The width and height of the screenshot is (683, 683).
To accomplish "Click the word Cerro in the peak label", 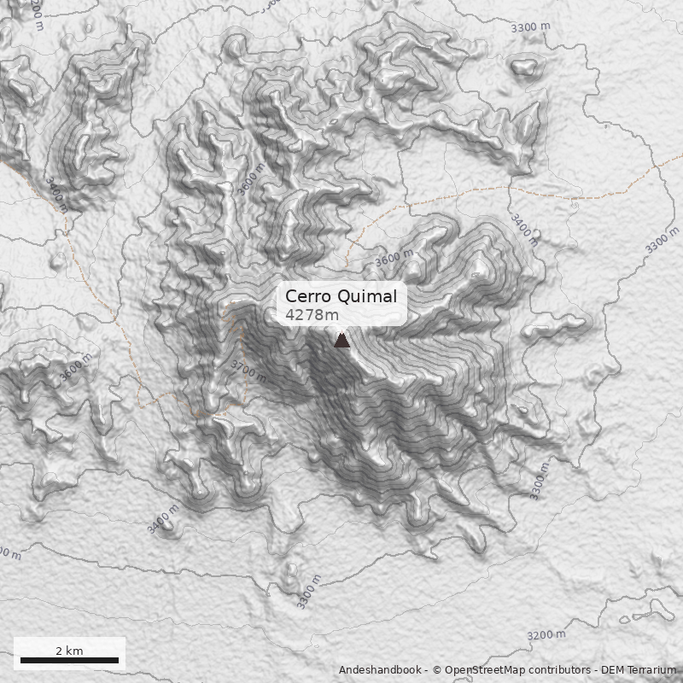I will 306,296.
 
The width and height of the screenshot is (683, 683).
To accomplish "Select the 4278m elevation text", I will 312,315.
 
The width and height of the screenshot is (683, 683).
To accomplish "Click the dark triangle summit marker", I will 341,341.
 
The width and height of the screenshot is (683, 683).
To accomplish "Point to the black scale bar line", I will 69,660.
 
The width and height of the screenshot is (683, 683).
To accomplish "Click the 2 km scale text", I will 69,651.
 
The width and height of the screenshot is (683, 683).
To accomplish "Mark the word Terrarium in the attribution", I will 652,670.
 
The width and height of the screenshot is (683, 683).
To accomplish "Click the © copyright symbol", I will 436,670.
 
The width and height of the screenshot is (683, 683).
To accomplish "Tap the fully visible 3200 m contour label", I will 546,635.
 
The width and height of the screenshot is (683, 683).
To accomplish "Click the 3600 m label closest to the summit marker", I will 394,258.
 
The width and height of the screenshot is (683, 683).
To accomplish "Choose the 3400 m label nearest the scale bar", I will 163,519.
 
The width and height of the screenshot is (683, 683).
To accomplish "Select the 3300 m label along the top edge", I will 530,27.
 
